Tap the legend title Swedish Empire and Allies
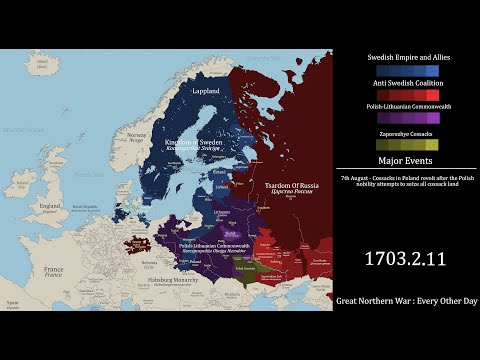tap(407, 57)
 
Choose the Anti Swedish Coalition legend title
tap(407, 83)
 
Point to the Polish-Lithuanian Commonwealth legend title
tap(407, 106)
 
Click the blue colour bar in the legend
tap(407, 70)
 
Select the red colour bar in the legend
tap(407, 95)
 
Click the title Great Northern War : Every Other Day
tap(407, 300)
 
